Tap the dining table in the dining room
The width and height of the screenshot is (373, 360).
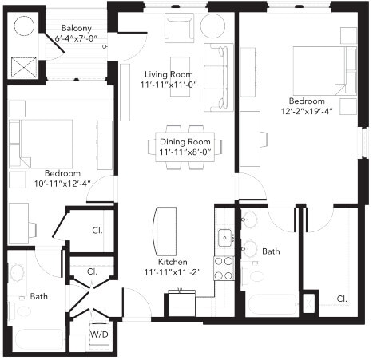[185, 145]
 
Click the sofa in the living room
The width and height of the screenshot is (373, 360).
[216, 77]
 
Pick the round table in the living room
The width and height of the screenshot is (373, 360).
[212, 24]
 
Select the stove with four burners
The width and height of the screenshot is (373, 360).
[224, 267]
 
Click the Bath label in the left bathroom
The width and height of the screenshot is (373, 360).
[39, 296]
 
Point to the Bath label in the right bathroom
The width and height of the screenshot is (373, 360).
[272, 251]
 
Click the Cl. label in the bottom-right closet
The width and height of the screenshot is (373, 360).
[341, 299]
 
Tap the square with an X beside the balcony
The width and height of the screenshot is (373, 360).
[25, 66]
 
